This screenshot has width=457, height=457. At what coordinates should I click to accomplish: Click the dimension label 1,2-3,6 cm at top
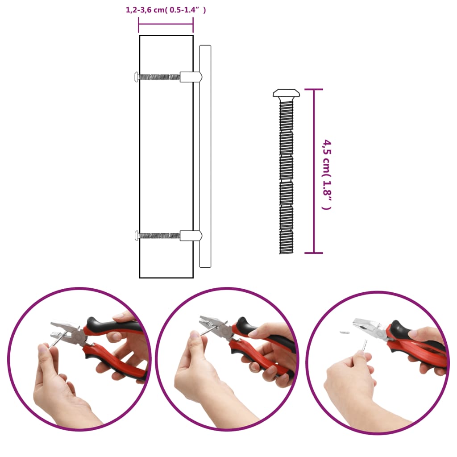166,10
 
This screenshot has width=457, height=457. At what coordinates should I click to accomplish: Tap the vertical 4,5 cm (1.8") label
327,174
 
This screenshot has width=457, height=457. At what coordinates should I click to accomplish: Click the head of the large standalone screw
286,93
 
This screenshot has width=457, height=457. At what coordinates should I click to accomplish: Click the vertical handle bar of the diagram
205,156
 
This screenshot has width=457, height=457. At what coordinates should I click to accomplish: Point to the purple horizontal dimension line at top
166,24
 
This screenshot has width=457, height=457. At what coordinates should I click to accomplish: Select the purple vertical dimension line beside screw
314,171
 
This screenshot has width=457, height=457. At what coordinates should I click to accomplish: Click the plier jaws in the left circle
62,330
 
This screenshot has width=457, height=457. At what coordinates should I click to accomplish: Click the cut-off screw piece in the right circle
344,332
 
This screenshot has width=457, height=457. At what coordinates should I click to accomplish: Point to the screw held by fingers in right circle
365,345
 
